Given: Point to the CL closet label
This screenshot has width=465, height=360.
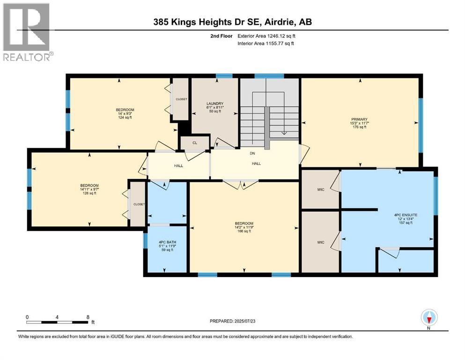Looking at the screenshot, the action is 195,143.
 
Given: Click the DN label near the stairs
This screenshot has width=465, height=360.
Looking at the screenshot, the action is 252,153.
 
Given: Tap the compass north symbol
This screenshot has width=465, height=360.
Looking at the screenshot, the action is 429,317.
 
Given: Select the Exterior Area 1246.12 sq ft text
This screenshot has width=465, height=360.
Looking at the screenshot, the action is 266,36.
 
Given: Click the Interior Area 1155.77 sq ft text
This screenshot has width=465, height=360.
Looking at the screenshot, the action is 266,44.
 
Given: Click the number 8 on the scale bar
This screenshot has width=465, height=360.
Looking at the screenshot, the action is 88,317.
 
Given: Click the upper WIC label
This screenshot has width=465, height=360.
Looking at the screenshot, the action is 321,190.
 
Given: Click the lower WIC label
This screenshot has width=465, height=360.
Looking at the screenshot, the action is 321,242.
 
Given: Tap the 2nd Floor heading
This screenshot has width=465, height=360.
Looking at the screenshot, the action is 221,36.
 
